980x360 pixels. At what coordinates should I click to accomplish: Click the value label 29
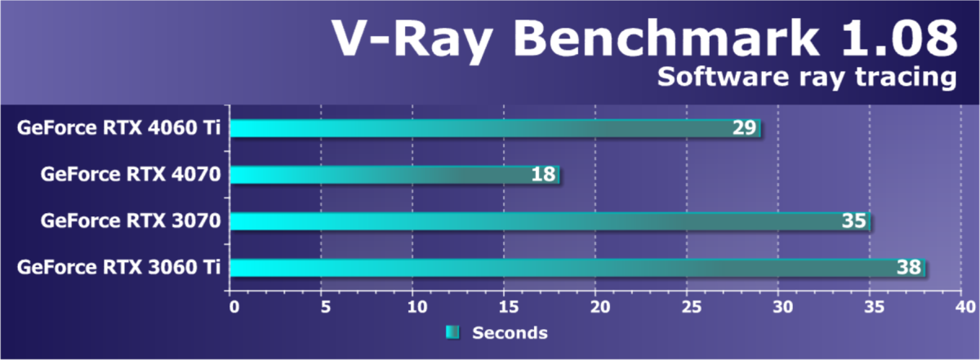pos(745,128)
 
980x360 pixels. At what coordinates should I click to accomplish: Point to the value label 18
pos(544,174)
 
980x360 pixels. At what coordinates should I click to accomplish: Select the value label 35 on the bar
pos(854,220)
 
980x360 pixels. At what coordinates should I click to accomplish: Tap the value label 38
pos(909,267)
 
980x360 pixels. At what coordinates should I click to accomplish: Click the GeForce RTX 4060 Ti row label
pos(122,128)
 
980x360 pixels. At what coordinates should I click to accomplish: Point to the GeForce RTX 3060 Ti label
pos(122,267)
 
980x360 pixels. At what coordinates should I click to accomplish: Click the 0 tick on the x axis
pos(234,307)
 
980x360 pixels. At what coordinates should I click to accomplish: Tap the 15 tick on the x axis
pos(503,307)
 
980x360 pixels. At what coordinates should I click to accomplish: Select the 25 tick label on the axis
pos(686,307)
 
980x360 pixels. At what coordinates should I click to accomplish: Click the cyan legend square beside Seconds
pos(452,332)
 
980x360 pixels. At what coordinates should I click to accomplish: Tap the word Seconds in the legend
pos(510,332)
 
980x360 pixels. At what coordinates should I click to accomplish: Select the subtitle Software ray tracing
pos(806,78)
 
